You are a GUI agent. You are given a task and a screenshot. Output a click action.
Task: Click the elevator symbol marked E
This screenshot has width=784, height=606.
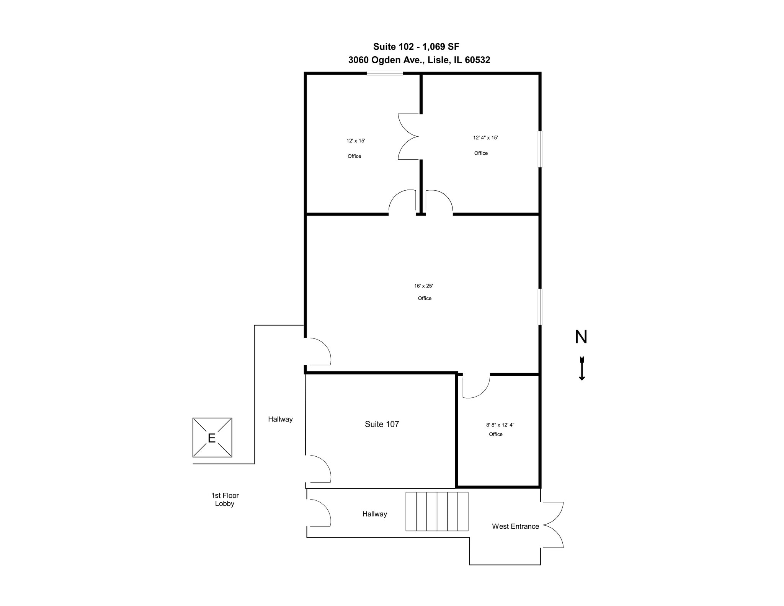tap(212, 437)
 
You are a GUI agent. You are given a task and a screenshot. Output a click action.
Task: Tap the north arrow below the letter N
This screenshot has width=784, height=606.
tap(581, 368)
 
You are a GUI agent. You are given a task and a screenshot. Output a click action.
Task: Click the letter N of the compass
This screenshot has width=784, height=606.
tap(581, 337)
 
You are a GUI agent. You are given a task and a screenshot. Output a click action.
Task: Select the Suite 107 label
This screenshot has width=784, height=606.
tap(382, 424)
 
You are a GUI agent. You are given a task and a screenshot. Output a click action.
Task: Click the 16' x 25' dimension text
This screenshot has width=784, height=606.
tap(423, 286)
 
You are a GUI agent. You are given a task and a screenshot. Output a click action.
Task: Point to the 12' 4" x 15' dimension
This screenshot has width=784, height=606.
tap(485, 138)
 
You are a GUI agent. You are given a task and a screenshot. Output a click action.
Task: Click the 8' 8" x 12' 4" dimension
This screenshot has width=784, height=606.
tap(500, 425)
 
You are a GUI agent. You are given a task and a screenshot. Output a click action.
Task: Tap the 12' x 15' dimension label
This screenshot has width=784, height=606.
tap(356, 141)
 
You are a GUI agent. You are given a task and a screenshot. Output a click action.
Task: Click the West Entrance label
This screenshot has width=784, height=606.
tap(515, 526)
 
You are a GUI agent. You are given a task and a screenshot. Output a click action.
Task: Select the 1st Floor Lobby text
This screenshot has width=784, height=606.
tap(225, 500)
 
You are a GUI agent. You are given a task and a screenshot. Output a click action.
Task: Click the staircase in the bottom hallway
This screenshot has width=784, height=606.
tap(437, 511)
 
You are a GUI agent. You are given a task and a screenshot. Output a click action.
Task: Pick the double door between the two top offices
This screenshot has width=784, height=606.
tap(408, 136)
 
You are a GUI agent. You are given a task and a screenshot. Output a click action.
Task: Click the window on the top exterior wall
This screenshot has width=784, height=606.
tap(384, 73)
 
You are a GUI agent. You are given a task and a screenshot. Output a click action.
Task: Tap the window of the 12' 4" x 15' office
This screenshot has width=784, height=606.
tap(540, 149)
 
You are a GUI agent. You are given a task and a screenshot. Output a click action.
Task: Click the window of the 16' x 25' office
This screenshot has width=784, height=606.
tap(540, 307)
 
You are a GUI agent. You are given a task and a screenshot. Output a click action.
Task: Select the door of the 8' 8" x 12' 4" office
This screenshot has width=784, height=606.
tap(476, 387)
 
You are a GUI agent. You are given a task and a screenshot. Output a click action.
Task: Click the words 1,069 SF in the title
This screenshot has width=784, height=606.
tap(441, 47)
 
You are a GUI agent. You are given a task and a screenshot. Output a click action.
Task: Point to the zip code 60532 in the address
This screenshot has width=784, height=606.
tap(477, 60)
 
